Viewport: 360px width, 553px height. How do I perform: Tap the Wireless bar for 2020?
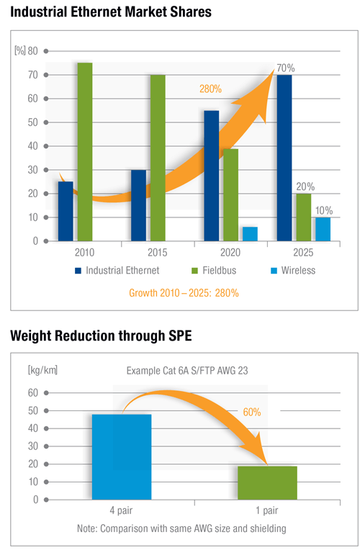pos(250,233)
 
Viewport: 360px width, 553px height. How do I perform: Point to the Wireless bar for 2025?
pos(323,229)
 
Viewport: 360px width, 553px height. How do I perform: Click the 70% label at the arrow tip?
pos(285,68)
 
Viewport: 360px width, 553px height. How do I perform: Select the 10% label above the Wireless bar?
pos(325,210)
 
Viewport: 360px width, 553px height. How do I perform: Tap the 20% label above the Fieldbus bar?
pos(306,186)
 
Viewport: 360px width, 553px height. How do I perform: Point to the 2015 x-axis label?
pos(158,253)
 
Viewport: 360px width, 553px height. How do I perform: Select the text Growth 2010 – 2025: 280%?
pos(184,293)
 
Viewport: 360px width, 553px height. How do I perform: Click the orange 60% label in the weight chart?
pos(251,412)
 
